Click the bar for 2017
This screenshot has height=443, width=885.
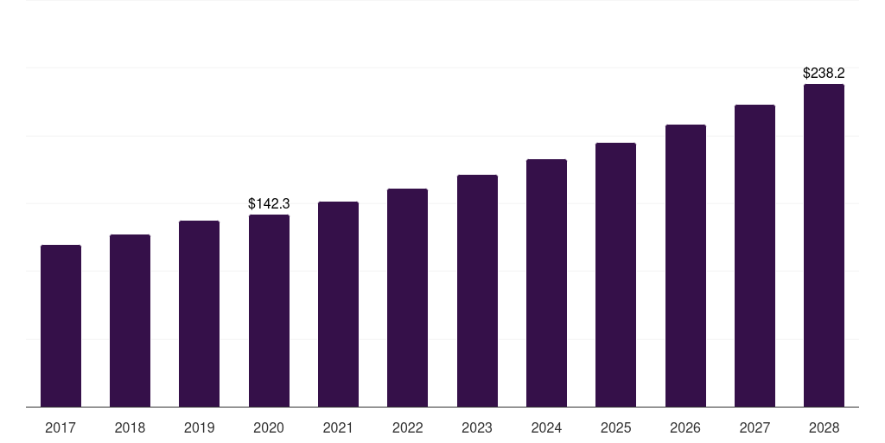[x=60, y=326]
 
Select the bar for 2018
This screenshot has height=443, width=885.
[x=130, y=321]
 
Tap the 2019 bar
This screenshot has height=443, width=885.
[x=199, y=314]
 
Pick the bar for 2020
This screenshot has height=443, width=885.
[x=269, y=311]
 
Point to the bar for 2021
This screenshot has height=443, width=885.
[x=338, y=305]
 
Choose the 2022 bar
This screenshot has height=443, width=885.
[x=407, y=298]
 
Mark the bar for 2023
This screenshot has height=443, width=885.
[x=477, y=291]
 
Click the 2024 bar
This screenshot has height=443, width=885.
[x=546, y=283]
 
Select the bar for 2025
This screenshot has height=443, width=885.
[x=615, y=275]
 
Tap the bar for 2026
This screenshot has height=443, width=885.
[x=685, y=266]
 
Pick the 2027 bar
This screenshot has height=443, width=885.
[x=754, y=256]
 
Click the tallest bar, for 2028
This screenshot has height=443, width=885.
[x=824, y=246]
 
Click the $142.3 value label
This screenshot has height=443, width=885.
[x=269, y=204]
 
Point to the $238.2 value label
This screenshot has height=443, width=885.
[x=824, y=74]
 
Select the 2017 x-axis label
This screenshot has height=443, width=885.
[x=60, y=427]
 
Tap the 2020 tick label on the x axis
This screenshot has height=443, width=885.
[x=269, y=427]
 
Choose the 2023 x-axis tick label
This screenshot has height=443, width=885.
[x=477, y=427]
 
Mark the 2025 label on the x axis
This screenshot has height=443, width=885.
[x=615, y=427]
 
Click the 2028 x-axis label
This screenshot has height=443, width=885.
[x=824, y=427]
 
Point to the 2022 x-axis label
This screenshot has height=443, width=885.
[x=407, y=427]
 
